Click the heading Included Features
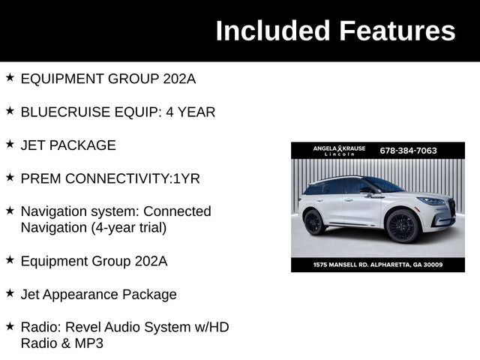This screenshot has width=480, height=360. [x=334, y=31]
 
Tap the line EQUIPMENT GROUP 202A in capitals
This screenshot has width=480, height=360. [x=108, y=79]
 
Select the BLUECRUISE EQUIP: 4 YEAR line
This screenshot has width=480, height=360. [x=118, y=112]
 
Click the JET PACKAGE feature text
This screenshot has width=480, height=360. [x=68, y=145]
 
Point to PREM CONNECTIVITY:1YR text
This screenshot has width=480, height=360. [x=110, y=178]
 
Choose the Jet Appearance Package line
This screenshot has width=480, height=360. [x=98, y=294]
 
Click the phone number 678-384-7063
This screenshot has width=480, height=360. [x=408, y=150]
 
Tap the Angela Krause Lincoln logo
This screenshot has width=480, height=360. [x=339, y=150]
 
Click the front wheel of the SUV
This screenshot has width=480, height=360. [x=402, y=226]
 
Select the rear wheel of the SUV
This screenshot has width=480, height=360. [x=313, y=222]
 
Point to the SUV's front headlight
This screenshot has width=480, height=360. [x=433, y=201]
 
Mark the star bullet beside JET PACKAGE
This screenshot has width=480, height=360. [x=10, y=144]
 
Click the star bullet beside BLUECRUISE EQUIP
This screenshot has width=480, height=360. [x=10, y=110]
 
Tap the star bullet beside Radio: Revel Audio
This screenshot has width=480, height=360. [x=10, y=326]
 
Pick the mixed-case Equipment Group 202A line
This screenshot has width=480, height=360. [x=94, y=261]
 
